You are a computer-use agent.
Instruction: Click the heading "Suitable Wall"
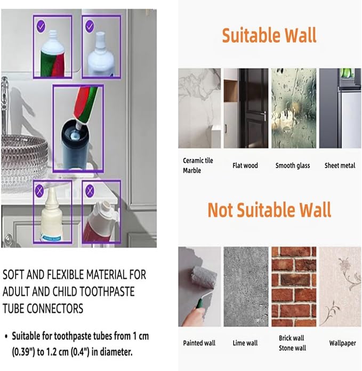coord(269,35)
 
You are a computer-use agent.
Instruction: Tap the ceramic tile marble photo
coord(199,108)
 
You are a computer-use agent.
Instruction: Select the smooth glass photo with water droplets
coord(293,108)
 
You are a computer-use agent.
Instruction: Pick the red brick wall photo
coord(293,287)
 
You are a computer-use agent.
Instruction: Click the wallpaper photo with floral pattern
coord(340,287)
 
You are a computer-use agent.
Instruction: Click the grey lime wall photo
coord(245,287)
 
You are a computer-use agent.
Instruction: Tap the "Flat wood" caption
coord(245,166)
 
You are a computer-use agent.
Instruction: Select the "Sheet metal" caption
coord(340,166)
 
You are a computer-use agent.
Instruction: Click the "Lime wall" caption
coord(245,343)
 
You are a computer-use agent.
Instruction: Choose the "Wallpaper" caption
coord(342,343)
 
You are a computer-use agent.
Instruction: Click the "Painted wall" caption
coord(199,343)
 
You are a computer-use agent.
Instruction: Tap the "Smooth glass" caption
coord(293,166)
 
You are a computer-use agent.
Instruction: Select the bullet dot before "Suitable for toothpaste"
coord(6,336)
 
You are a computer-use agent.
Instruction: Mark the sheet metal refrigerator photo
coord(340,108)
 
